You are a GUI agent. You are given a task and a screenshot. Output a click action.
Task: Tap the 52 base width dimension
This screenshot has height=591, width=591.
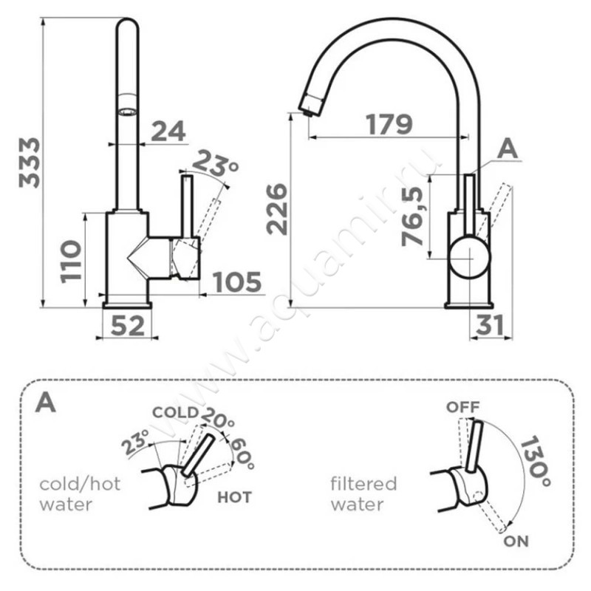127,326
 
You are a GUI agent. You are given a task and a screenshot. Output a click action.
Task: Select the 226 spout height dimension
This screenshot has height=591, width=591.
278,210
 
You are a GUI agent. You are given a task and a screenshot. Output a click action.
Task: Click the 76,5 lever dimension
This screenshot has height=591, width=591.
418,216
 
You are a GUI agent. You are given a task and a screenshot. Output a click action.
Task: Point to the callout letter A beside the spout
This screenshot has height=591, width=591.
508,148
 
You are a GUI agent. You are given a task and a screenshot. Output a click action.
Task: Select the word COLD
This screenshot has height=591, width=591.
174,412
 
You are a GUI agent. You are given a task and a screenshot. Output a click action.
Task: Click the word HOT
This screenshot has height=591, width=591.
233,497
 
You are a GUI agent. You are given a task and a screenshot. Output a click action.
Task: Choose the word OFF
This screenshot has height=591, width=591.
463,407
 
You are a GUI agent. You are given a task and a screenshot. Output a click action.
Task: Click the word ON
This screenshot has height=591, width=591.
516,542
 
